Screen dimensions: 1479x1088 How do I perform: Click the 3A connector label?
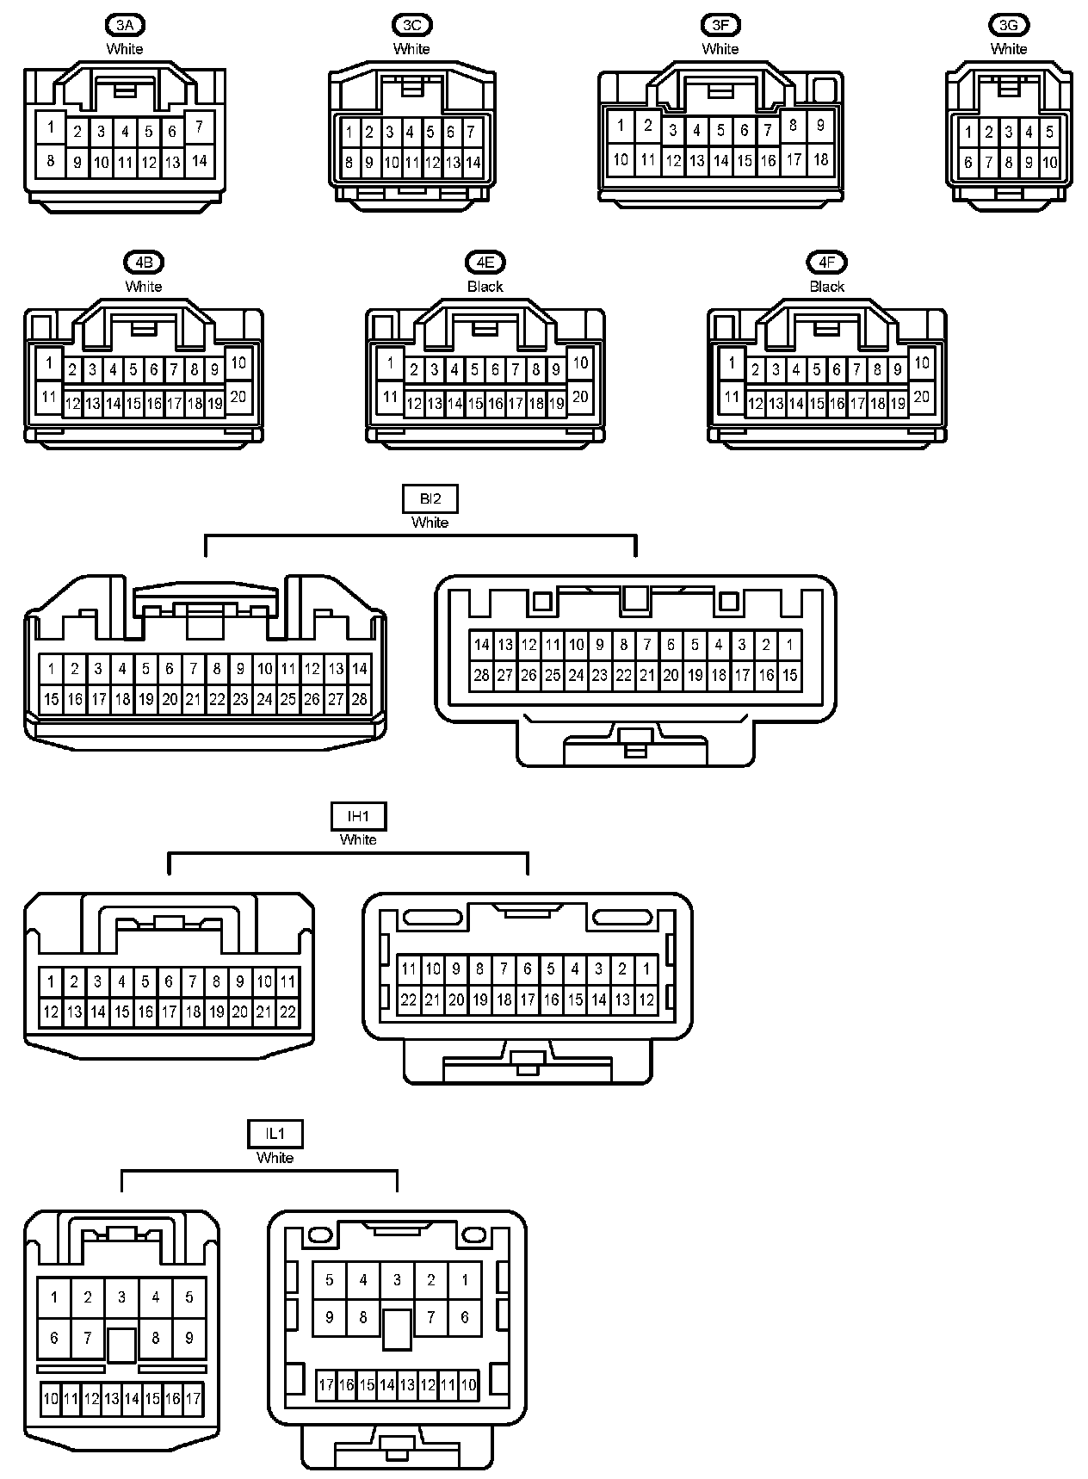(124, 25)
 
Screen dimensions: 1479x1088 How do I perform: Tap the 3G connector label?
(1008, 25)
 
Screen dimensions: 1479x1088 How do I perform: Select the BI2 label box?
(430, 498)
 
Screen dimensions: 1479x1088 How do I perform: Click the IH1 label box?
(358, 815)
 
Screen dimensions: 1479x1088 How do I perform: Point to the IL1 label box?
(275, 1134)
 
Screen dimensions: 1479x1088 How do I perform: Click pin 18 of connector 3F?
(820, 159)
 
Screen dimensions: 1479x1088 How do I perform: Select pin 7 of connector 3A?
(199, 127)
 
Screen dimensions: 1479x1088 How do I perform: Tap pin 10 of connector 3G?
(1049, 162)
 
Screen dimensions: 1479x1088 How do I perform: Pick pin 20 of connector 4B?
(238, 396)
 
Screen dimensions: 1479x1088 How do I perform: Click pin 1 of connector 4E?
(390, 363)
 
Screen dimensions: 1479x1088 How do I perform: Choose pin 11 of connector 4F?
(731, 397)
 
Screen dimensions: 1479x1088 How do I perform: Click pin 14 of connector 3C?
(473, 163)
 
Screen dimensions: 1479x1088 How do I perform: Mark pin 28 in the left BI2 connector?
(359, 699)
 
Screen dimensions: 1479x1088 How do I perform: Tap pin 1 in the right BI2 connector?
(789, 644)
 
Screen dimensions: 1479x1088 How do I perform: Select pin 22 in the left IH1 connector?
(287, 1012)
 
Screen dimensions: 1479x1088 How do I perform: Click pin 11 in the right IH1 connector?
(409, 968)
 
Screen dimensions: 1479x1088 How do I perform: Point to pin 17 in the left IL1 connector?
(193, 1399)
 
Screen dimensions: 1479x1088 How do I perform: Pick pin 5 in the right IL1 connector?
(329, 1280)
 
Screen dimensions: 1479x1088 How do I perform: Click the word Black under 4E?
(485, 287)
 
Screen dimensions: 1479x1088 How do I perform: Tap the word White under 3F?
(720, 49)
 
